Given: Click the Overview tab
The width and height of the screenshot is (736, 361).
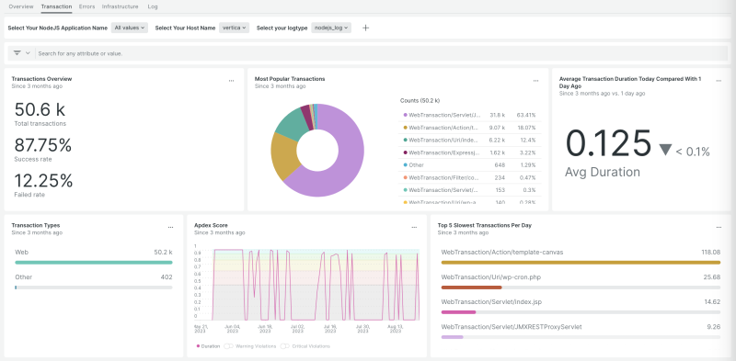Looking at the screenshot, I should tap(20, 6).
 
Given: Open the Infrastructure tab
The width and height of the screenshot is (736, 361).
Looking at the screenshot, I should tap(120, 6).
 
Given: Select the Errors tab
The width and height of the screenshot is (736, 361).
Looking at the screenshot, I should tap(86, 6).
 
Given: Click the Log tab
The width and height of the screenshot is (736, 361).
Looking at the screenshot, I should tap(153, 6).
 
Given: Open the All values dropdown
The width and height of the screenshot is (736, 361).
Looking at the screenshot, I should tap(130, 28).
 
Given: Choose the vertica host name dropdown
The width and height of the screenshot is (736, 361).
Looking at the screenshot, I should tap(235, 28).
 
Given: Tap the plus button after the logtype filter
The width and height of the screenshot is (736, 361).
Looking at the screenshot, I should tap(365, 28).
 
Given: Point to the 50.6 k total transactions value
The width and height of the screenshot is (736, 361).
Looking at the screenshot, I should tap(39, 108).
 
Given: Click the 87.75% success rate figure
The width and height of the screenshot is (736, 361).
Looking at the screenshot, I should tap(43, 144).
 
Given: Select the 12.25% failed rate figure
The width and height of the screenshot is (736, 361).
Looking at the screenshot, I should tap(43, 180).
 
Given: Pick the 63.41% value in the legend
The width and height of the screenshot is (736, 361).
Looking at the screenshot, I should tap(525, 115).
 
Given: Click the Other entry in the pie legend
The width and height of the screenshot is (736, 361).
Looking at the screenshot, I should tap(417, 164).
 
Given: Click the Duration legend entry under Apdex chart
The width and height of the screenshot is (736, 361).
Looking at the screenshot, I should tap(210, 346).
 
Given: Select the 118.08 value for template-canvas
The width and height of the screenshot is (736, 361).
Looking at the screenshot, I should tap(709, 251).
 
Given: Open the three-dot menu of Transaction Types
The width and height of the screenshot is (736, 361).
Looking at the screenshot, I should tap(170, 227).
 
